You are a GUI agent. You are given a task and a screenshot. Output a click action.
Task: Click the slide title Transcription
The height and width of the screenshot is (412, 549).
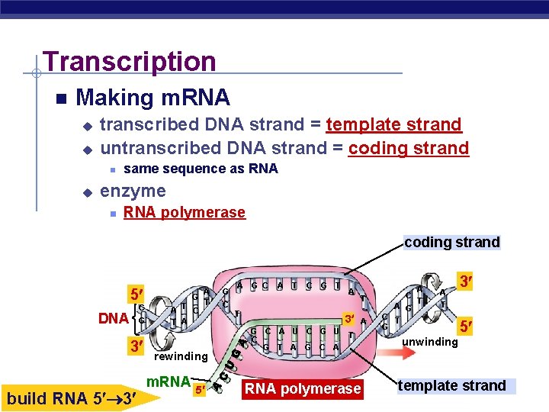tap(130, 61)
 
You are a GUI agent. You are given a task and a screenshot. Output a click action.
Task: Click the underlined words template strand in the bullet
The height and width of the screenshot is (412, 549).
tap(393, 124)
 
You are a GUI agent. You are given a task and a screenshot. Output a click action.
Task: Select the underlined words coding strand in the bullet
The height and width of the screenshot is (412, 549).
tap(409, 148)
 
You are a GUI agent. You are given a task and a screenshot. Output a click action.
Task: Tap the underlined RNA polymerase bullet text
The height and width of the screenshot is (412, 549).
tap(185, 212)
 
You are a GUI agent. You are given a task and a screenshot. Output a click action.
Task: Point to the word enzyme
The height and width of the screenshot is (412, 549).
tap(133, 190)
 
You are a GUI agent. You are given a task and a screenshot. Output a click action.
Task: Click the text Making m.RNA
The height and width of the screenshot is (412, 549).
tap(152, 98)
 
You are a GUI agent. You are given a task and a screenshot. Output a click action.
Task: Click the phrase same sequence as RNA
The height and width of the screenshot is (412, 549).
tap(201, 169)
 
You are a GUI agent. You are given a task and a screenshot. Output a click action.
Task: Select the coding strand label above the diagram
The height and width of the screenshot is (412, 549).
tap(452, 243)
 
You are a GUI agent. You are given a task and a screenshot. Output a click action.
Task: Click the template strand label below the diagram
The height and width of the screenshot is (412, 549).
tap(452, 385)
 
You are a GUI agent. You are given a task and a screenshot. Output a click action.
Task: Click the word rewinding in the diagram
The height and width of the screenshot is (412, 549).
tap(181, 356)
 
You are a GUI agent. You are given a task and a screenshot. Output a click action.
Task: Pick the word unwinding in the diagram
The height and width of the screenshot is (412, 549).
tap(430, 341)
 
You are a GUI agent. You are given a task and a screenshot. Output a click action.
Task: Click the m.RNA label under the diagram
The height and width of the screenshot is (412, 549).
tap(168, 380)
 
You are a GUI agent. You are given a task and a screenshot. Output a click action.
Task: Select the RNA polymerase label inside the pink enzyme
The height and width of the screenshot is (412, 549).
tap(300, 389)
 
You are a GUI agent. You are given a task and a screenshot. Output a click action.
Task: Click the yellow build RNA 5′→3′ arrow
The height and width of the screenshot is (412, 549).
tap(72, 397)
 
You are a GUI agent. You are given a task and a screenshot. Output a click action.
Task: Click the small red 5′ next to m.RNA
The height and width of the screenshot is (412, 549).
tap(200, 390)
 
